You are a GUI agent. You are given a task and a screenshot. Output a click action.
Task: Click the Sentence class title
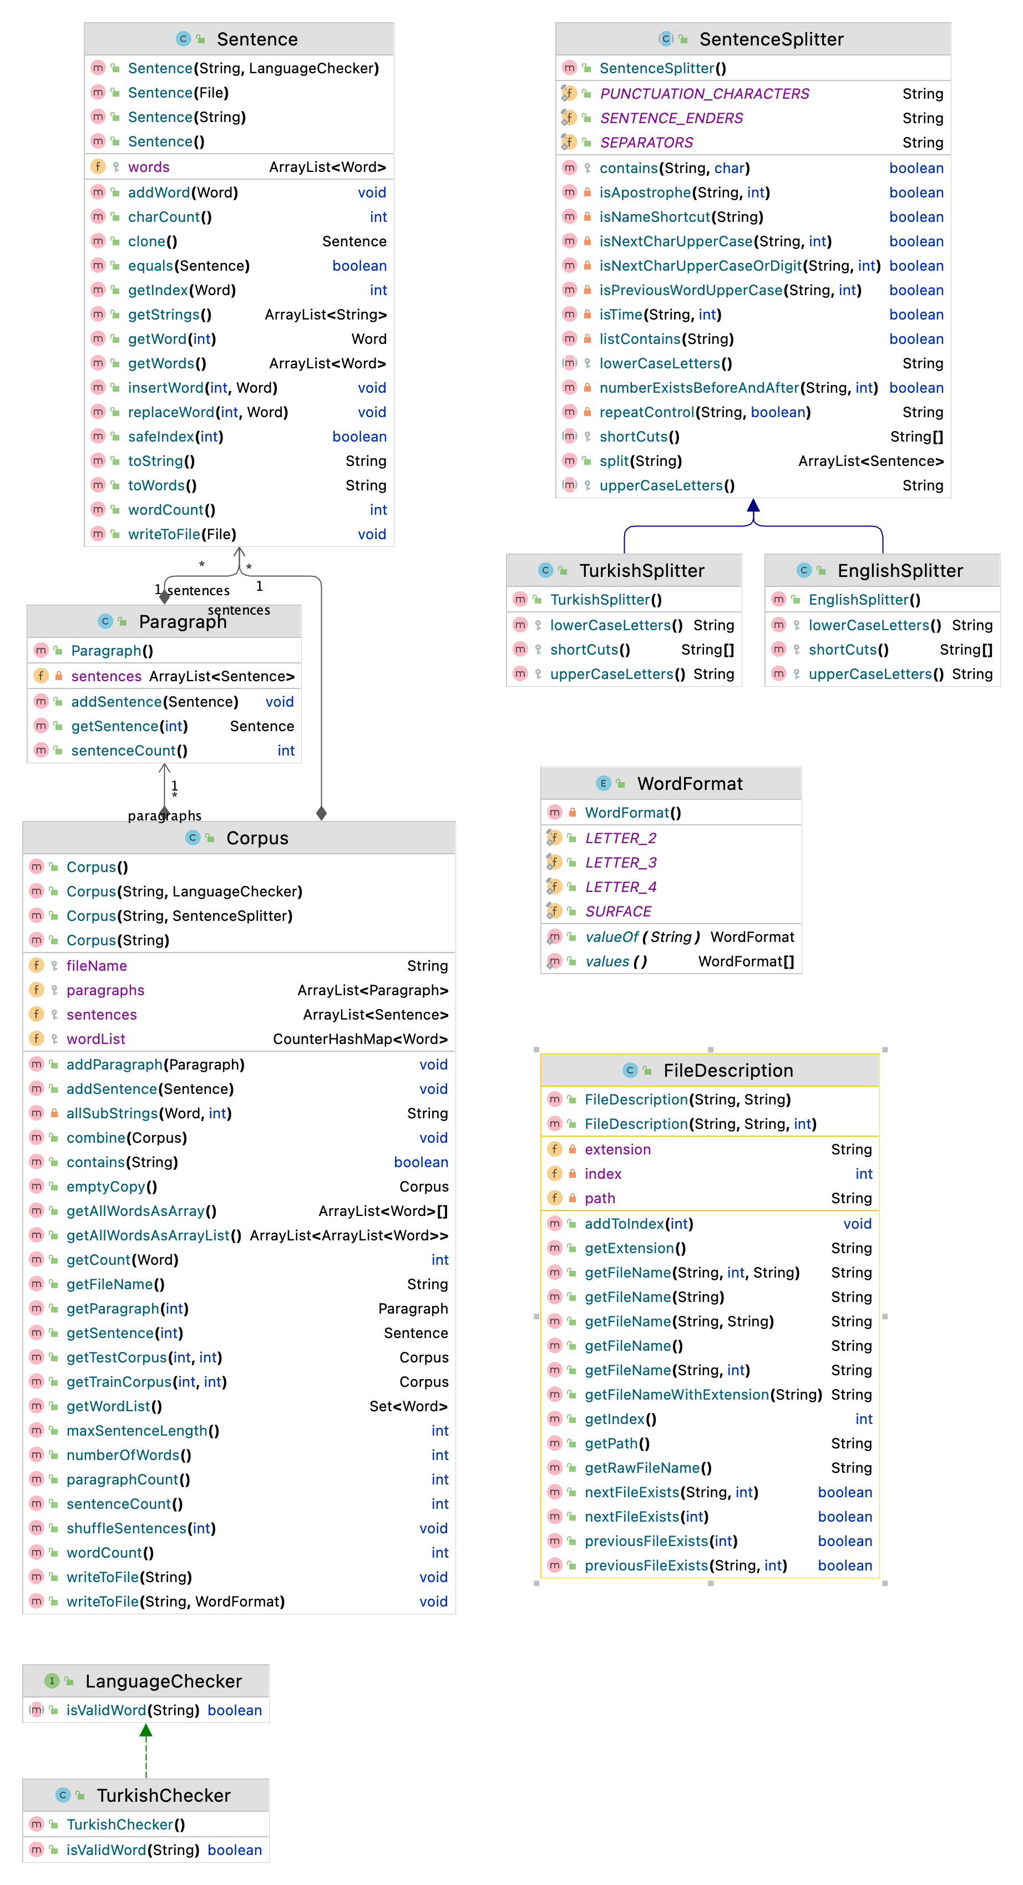tap(257, 39)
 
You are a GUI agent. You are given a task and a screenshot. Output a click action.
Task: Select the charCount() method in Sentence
tap(170, 217)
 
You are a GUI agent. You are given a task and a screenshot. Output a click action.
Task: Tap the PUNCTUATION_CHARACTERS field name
tap(704, 94)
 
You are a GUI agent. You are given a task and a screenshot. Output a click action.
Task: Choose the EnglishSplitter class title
tap(899, 571)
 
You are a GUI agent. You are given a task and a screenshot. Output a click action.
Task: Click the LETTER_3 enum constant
tap(621, 863)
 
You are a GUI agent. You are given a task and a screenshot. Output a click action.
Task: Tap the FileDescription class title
tap(727, 1071)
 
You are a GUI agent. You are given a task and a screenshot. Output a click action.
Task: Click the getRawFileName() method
tap(647, 1468)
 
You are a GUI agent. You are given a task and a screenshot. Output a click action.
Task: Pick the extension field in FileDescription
tap(617, 1149)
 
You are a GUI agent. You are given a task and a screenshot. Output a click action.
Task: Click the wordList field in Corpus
tap(96, 1039)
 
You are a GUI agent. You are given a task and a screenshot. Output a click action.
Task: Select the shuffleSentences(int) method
tap(140, 1529)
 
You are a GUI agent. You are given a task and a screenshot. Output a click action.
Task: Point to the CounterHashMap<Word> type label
tap(360, 1039)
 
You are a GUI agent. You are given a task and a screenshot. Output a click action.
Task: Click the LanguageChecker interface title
tap(163, 1681)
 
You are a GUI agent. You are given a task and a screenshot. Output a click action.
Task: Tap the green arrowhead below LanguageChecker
tap(146, 1731)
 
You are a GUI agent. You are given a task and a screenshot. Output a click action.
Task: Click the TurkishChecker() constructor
tap(125, 1825)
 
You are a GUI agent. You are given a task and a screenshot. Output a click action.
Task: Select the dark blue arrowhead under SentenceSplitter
tap(753, 505)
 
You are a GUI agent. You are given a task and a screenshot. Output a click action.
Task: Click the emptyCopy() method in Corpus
tap(111, 1187)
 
